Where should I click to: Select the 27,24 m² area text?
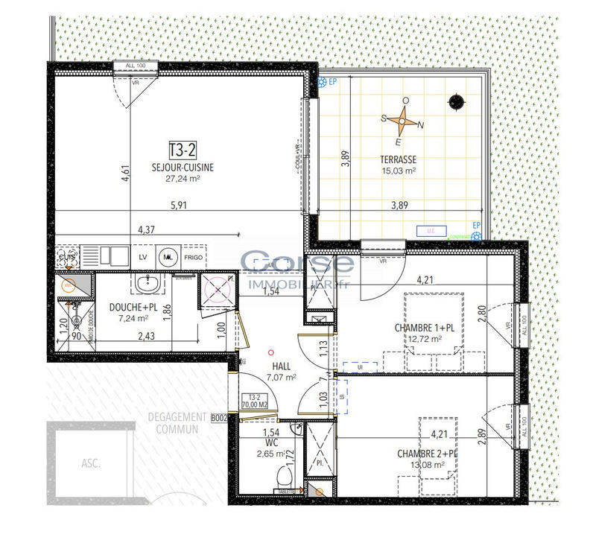point(182,179)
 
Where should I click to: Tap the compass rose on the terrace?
point(403,120)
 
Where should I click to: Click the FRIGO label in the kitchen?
point(193,257)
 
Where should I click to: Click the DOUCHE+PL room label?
point(133,308)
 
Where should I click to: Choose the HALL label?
point(281,366)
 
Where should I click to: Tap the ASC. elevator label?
point(92,463)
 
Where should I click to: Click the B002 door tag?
point(218,419)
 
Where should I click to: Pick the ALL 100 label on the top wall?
point(136,67)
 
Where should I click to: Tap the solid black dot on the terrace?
point(454,101)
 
